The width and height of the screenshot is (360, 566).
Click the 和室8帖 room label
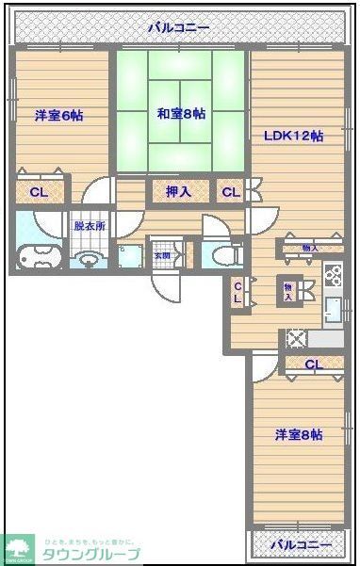181,114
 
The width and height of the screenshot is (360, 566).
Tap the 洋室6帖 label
59,116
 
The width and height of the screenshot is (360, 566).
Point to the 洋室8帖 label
299,435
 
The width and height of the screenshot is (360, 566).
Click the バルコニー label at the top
178,28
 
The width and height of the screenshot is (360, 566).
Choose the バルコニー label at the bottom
300,545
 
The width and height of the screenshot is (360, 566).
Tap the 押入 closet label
179,192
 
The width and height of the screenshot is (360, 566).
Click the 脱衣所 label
90,227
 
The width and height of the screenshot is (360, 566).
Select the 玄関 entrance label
162,255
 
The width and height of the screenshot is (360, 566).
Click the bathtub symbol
38,256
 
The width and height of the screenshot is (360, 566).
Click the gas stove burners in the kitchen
333,274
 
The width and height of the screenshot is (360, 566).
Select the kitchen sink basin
332,308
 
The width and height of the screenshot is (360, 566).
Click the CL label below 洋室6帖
39,192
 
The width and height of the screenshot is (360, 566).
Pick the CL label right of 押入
230,192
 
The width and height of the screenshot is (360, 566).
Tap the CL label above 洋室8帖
313,364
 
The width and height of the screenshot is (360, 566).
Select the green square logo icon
18,548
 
